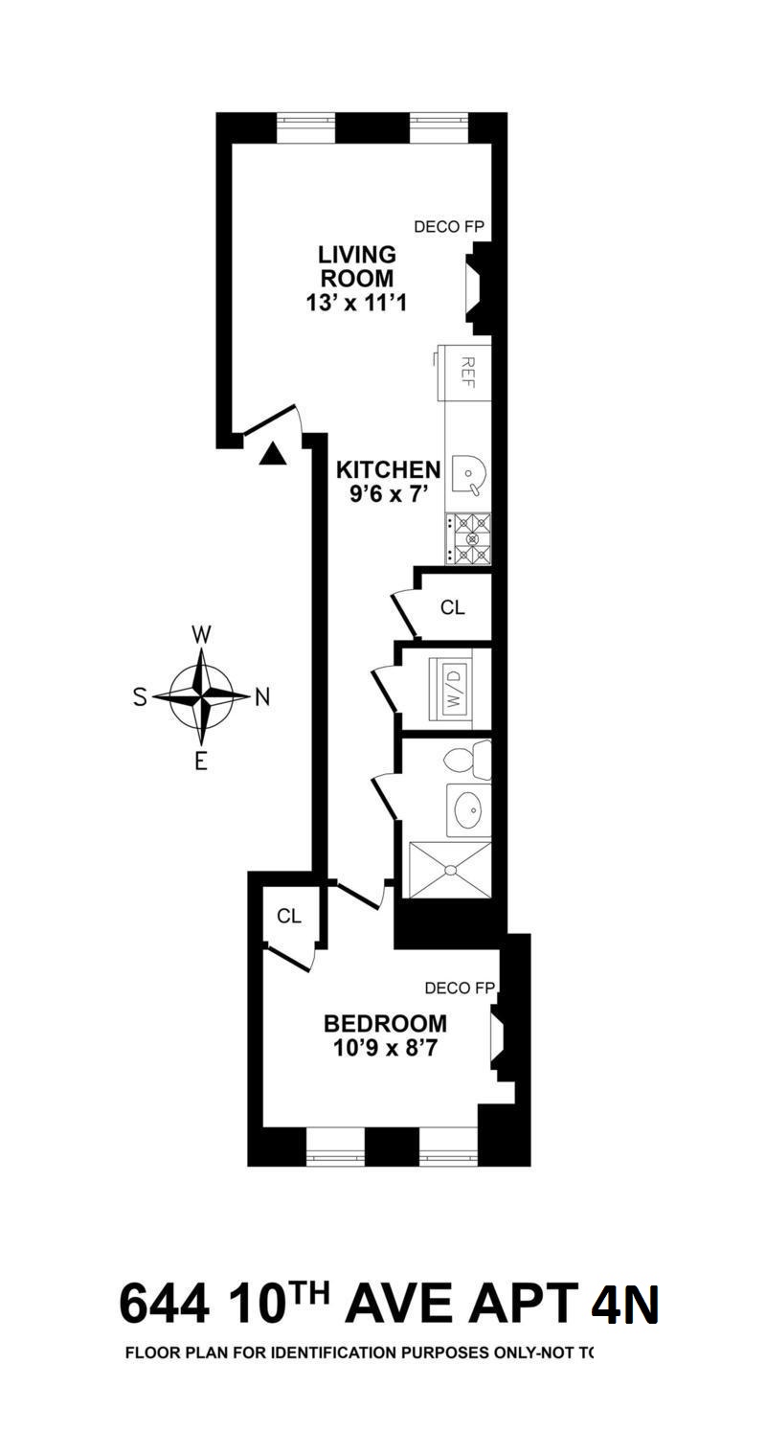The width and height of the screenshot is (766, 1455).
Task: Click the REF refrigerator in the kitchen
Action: pyautogui.click(x=463, y=373)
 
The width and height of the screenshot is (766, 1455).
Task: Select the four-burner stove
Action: pyautogui.click(x=467, y=537)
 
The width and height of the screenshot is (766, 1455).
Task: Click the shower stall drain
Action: pyautogui.click(x=448, y=869)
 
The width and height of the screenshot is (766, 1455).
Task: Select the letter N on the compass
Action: pyautogui.click(x=261, y=697)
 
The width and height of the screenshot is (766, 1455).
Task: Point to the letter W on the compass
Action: pyautogui.click(x=202, y=635)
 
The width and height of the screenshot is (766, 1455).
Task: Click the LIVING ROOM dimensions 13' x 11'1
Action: pyautogui.click(x=356, y=303)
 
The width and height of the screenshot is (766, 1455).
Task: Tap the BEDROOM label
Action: pyautogui.click(x=386, y=1023)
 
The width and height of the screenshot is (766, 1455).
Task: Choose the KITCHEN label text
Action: pyautogui.click(x=388, y=469)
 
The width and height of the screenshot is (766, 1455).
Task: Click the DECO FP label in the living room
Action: pyautogui.click(x=450, y=227)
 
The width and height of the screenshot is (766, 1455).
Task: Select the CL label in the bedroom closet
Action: pyautogui.click(x=289, y=916)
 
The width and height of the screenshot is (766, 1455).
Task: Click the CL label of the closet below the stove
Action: pyautogui.click(x=453, y=607)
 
